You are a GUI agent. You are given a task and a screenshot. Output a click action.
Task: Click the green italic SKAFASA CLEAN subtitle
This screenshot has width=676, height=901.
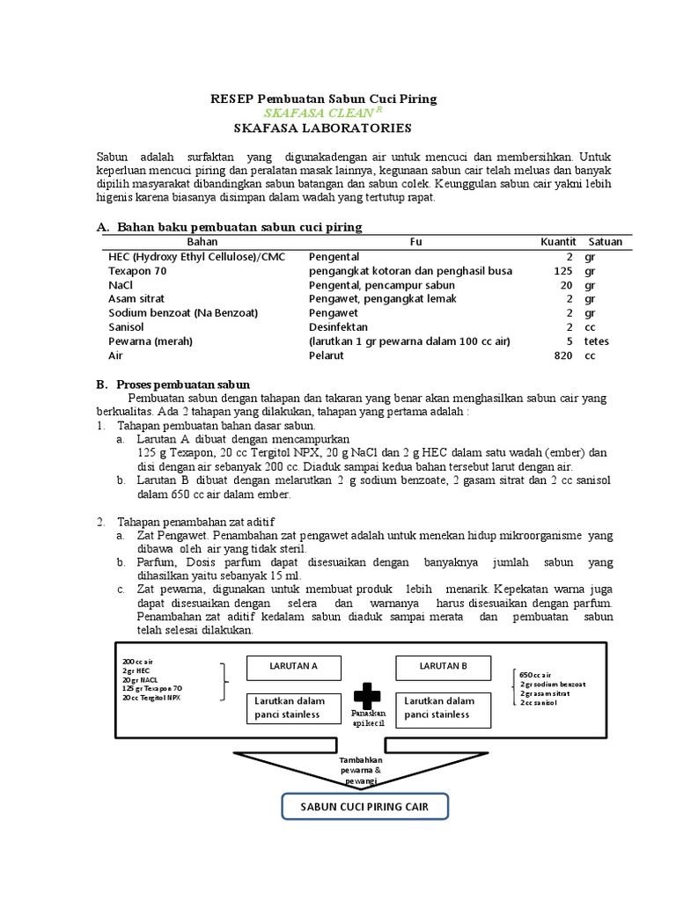click(322, 114)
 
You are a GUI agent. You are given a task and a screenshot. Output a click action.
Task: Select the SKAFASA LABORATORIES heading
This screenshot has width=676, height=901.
click(323, 128)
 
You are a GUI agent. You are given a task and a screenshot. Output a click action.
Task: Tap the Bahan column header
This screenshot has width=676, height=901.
click(202, 241)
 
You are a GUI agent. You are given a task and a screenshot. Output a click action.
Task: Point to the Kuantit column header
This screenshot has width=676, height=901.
click(558, 241)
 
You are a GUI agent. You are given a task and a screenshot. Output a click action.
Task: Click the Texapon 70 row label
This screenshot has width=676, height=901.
click(136, 271)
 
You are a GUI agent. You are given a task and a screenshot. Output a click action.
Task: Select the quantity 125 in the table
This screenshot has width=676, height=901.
click(563, 271)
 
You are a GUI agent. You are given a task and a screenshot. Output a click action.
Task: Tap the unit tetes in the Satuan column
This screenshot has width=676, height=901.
click(596, 341)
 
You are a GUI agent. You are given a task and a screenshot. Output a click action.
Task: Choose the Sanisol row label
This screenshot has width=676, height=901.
click(127, 327)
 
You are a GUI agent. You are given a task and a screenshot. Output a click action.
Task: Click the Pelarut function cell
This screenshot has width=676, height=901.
click(326, 355)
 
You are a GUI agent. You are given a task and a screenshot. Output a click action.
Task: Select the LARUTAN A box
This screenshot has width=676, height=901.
click(293, 667)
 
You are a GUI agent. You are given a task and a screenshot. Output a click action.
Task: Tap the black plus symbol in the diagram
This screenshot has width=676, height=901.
click(368, 693)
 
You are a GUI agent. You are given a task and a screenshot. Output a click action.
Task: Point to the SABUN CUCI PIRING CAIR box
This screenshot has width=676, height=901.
click(364, 807)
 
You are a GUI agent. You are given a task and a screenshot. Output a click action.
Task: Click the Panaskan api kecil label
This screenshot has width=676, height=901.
click(368, 717)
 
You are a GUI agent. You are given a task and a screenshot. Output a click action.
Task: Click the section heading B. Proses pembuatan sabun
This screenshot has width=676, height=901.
click(173, 385)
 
